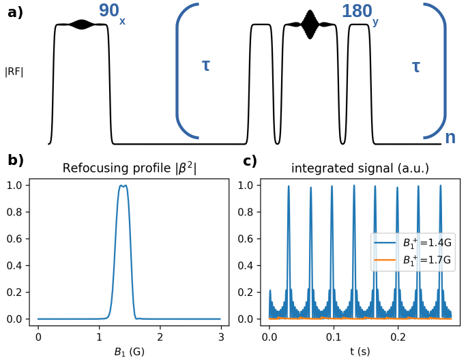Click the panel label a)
[15, 12]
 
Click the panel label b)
[15, 161]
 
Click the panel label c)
[250, 161]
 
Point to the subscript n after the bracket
[450, 137]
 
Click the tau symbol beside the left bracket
[206, 65]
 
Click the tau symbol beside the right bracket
[416, 66]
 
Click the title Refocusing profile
[129, 168]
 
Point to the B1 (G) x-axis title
[129, 351]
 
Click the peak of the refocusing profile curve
[122, 185]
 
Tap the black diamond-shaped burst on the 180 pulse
[310, 25]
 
